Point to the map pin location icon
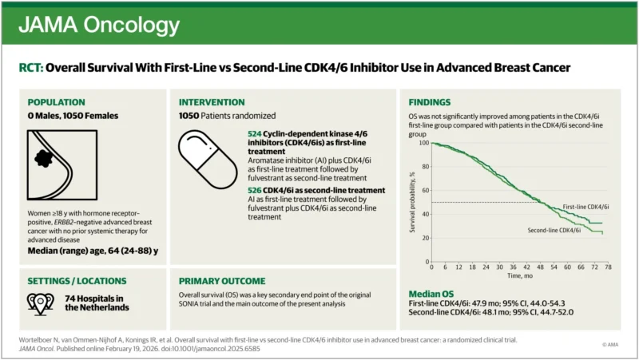pyautogui.click(x=40, y=302)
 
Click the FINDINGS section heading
pyautogui.click(x=435, y=102)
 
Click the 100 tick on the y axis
pyautogui.click(x=423, y=144)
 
